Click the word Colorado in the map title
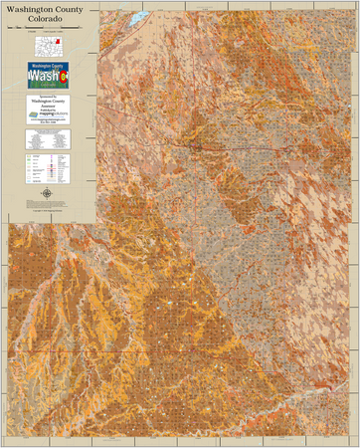48,20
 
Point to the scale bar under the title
48,29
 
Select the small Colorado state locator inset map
48,44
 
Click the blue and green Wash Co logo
48,76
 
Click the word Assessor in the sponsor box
48,107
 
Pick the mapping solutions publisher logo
48,114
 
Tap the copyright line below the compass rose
48,212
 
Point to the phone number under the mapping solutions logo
48,124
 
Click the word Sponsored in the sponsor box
48,98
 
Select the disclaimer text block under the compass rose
48,204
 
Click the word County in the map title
67,10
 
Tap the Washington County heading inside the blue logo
48,66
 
